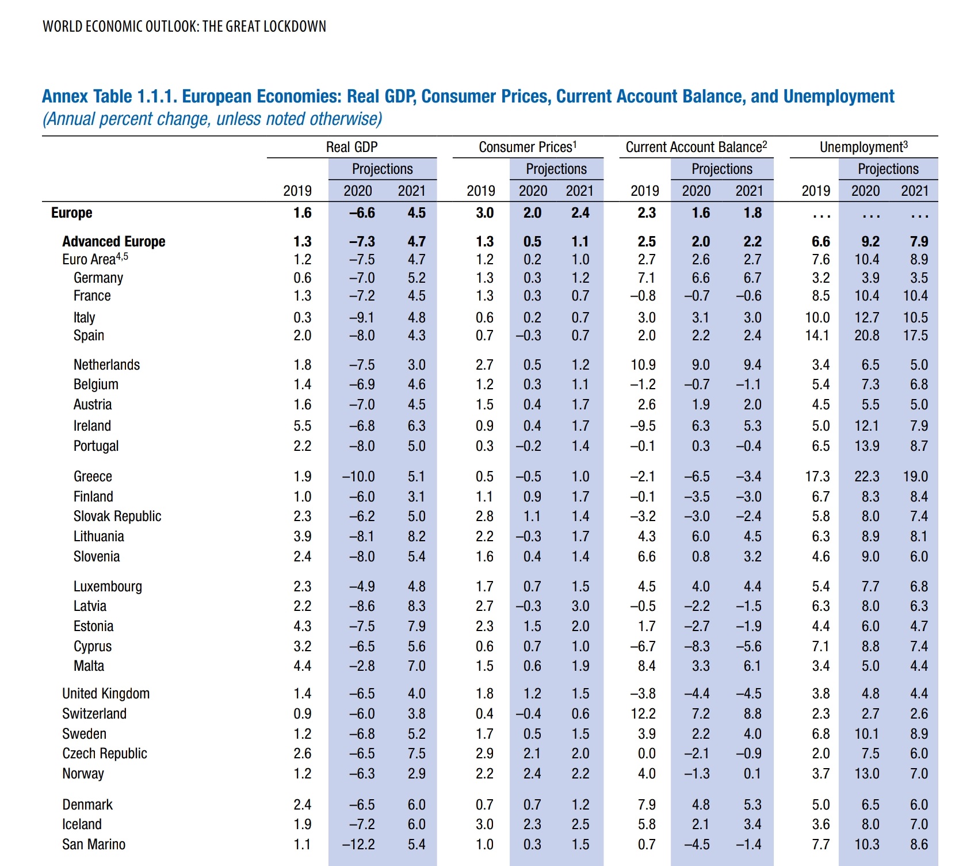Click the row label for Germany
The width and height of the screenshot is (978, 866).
coord(98,278)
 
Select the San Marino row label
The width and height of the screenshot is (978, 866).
coord(94,845)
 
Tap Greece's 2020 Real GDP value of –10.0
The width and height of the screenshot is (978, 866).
coord(358,477)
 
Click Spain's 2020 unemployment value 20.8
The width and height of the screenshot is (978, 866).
coord(866,336)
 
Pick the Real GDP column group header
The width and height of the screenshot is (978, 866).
coord(352,147)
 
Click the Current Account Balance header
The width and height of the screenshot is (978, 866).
coord(696,147)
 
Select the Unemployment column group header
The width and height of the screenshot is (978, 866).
coord(864,147)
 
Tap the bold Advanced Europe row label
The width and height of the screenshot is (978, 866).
coord(113,242)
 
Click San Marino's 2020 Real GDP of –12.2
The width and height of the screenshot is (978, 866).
coord(358,845)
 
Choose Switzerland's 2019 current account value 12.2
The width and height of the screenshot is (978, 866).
coord(643,714)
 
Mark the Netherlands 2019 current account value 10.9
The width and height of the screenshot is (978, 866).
coord(643,365)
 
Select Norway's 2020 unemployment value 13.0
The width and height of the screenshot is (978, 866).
coord(866,774)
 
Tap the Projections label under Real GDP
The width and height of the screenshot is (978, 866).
coord(383,169)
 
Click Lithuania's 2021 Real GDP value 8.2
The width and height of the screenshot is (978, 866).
coord(417,537)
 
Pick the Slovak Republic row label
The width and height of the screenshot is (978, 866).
coord(117,516)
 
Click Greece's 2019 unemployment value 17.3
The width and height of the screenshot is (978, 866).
coord(817,477)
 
